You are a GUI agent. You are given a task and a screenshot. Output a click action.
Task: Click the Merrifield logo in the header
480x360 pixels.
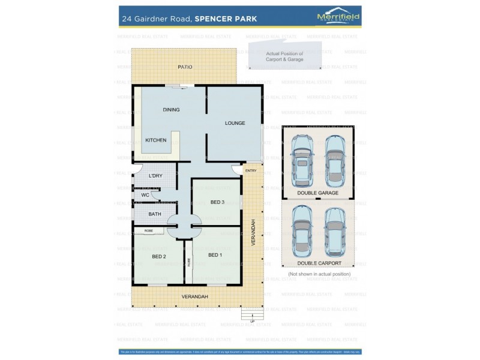(x=338, y=18)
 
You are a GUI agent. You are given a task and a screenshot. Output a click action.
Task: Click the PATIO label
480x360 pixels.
(x=185, y=67)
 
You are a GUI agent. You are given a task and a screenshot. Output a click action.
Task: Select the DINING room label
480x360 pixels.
(x=171, y=110)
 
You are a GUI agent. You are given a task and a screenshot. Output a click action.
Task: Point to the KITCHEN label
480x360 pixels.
(x=156, y=140)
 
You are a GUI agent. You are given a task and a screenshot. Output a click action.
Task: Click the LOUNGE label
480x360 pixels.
(x=235, y=123)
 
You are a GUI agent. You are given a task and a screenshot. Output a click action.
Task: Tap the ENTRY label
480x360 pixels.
(x=251, y=171)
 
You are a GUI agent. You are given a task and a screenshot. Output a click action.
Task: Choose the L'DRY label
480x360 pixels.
(x=155, y=175)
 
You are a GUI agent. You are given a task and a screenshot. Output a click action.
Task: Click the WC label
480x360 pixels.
(x=145, y=195)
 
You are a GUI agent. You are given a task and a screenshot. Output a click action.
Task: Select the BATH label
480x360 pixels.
(x=155, y=214)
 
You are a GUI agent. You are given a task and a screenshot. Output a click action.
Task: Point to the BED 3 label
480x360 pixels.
(x=217, y=202)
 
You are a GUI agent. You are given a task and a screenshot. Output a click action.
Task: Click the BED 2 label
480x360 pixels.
(x=158, y=257)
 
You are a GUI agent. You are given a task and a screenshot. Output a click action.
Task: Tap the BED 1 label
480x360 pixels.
(x=215, y=255)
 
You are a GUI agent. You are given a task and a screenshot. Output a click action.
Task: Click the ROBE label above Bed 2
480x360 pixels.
(x=148, y=230)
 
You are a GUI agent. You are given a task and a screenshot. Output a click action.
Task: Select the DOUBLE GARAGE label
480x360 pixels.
(x=318, y=193)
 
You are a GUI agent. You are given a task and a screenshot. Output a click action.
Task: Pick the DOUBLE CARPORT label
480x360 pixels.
(x=319, y=263)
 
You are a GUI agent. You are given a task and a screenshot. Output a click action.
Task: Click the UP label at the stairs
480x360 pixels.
(x=253, y=321)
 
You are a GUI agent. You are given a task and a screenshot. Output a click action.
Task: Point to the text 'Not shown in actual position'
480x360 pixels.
(x=319, y=274)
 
